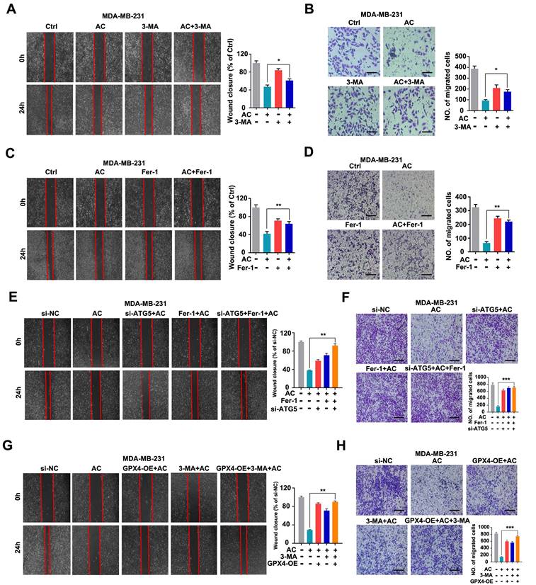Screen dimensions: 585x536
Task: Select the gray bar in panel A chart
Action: pyautogui.click(x=256, y=84)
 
